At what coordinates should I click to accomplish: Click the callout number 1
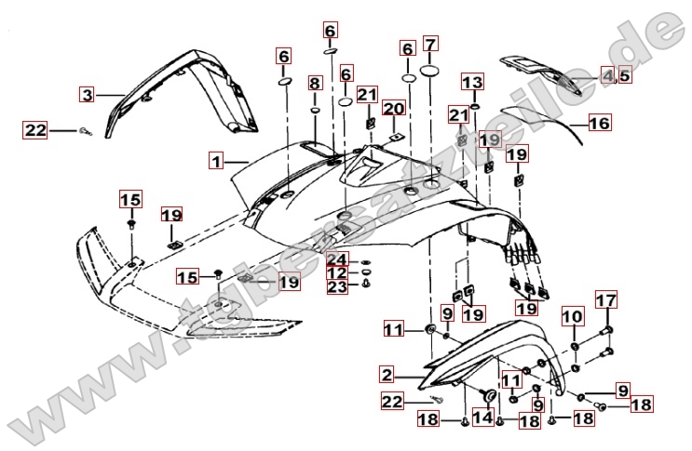pyautogui.click(x=216, y=162)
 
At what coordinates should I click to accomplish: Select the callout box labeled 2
pyautogui.click(x=387, y=376)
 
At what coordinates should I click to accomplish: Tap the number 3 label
pyautogui.click(x=87, y=94)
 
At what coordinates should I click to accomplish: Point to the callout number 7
pyautogui.click(x=429, y=44)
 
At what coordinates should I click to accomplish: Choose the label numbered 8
pyautogui.click(x=315, y=85)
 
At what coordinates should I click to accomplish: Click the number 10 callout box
pyautogui.click(x=573, y=317)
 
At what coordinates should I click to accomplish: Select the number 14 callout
pyautogui.click(x=482, y=418)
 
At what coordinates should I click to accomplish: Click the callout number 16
pyautogui.click(x=599, y=123)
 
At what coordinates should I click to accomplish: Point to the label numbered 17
pyautogui.click(x=605, y=300)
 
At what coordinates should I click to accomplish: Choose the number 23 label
pyautogui.click(x=336, y=286)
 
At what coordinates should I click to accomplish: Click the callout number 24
pyautogui.click(x=336, y=258)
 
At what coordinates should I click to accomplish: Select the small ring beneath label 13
pyautogui.click(x=474, y=108)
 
